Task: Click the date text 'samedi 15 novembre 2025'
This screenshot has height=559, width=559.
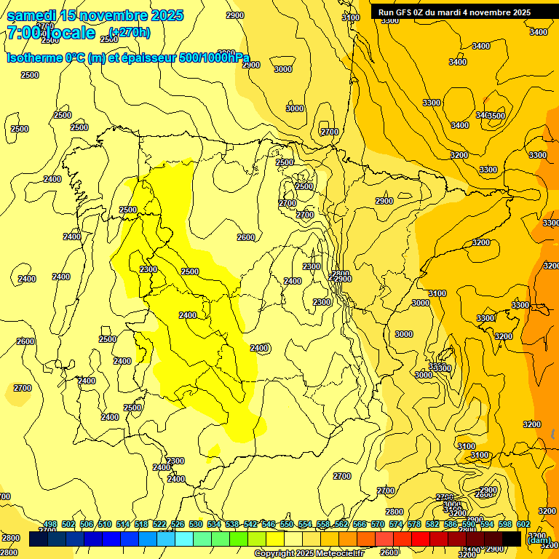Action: tap(95, 15)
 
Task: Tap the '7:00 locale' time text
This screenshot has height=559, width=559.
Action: tap(51, 33)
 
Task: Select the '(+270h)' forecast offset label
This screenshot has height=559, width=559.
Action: tap(130, 32)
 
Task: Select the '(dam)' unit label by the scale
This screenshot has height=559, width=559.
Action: tap(538, 539)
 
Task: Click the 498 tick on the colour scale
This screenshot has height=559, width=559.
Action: tap(50, 525)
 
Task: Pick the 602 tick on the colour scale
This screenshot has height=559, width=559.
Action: tap(523, 525)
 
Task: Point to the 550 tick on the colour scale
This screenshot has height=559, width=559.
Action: tap(287, 525)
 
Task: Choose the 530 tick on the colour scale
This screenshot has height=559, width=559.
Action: tap(196, 525)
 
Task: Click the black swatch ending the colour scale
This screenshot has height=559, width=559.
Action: tap(512, 539)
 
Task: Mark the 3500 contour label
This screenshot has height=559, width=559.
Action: tap(496, 116)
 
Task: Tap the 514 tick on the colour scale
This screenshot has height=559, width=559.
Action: tap(123, 525)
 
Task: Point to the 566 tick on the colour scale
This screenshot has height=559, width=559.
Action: tap(360, 525)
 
